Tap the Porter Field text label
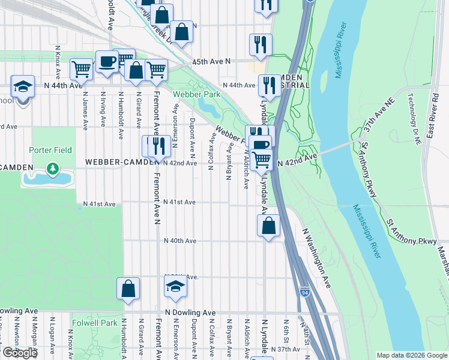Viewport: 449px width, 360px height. point(51,150)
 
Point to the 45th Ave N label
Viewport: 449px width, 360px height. point(211,62)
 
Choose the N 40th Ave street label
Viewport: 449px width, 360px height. point(181,241)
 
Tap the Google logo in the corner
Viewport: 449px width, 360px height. point(19,353)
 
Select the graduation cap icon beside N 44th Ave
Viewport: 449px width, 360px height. point(22,88)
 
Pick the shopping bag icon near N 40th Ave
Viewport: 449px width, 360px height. point(269,226)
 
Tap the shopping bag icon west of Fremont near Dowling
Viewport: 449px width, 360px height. point(128,288)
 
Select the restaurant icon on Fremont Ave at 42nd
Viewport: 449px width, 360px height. point(158,145)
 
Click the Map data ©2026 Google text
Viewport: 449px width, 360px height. point(412,355)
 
